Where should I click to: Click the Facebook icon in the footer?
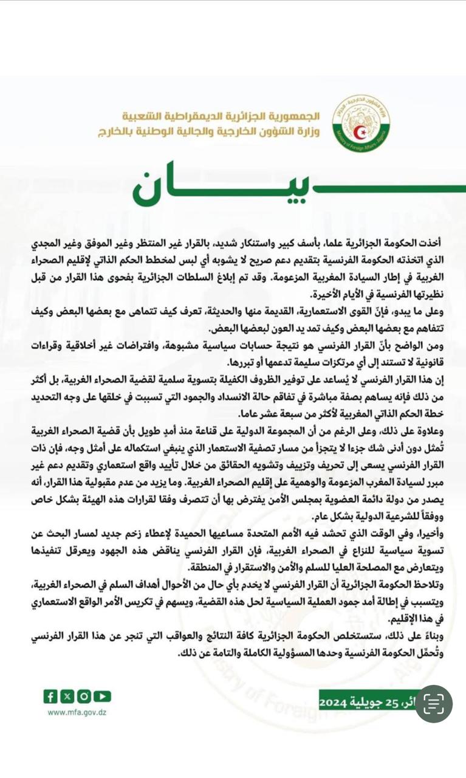50,696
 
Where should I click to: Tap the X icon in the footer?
67,696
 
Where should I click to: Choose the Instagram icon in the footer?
84,696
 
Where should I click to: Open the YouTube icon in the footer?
102,696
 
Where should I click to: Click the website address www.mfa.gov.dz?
78,713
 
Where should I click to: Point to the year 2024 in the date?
334,703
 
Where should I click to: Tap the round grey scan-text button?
434,704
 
